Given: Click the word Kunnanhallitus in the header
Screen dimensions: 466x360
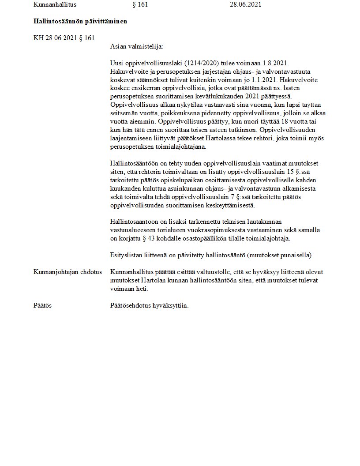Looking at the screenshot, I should point(55,5).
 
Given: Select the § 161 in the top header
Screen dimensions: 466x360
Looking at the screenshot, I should point(140,5).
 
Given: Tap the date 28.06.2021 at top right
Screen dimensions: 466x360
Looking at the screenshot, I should point(245,5).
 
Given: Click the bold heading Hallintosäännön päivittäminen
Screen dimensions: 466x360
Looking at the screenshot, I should point(80,21).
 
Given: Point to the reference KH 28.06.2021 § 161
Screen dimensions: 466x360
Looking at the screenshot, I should point(64,38).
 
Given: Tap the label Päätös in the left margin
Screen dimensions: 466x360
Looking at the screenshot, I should point(42,305).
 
